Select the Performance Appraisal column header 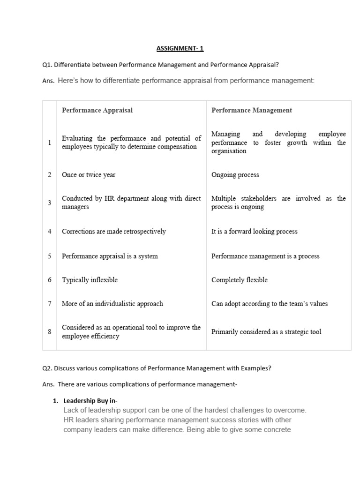[97, 110]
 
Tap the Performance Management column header [251, 110]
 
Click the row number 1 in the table [50, 142]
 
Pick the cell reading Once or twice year [89, 175]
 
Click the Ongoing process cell [235, 175]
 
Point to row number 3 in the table [50, 202]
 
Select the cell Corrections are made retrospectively [114, 232]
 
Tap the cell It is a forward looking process [254, 232]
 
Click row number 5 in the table [50, 256]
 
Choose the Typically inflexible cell [90, 280]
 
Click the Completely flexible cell [240, 280]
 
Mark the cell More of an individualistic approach [112, 304]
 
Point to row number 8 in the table [50, 332]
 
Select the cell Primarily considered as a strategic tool [266, 332]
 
